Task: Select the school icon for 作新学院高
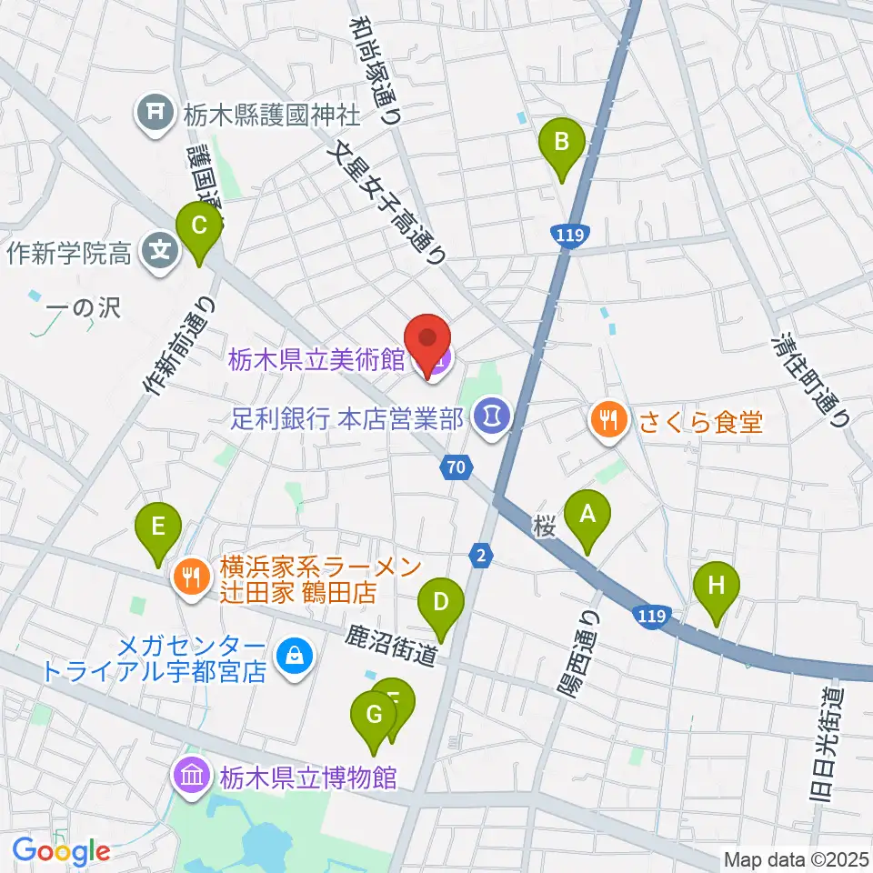(x=161, y=248)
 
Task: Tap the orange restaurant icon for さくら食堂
(x=607, y=420)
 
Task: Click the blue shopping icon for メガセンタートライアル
(x=294, y=653)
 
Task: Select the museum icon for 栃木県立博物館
(x=192, y=778)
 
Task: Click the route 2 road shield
(x=480, y=555)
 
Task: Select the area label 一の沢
(x=84, y=308)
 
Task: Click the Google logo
(x=61, y=851)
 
